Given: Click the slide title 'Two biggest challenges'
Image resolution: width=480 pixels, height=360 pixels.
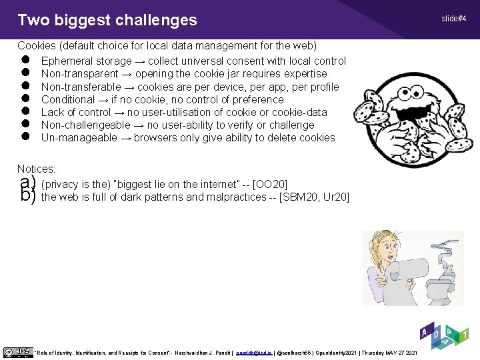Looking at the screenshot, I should [x=107, y=20].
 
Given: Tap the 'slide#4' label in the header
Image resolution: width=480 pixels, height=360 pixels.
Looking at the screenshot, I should [x=453, y=18].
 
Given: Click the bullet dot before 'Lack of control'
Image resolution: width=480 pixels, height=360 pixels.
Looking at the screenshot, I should [x=26, y=112].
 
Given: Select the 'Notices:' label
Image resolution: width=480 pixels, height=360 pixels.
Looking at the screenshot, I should [x=37, y=170].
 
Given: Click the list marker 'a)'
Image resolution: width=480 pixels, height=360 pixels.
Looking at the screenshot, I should [x=27, y=183].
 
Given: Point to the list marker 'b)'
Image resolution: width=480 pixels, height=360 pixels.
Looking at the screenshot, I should [x=27, y=197].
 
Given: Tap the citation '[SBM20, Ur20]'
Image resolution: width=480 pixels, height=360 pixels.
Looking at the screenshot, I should [x=314, y=197].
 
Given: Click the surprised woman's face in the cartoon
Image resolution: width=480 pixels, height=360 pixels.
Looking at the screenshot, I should [x=382, y=251].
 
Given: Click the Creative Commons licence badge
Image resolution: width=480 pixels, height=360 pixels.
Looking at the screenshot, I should [x=17, y=351].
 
